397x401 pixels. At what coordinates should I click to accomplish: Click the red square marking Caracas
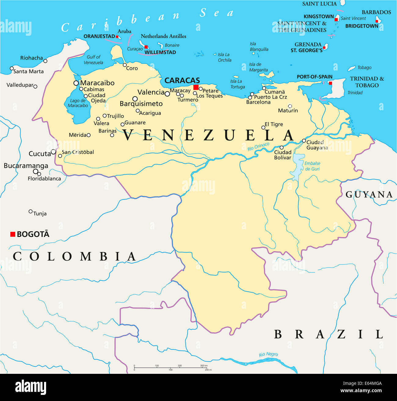coord(196,87)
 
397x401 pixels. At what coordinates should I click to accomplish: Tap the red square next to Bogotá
coord(13,234)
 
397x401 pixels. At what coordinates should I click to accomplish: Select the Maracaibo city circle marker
coord(76,83)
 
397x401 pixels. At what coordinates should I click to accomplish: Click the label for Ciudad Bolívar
coord(283,155)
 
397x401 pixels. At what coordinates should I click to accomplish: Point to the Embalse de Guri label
coord(312,166)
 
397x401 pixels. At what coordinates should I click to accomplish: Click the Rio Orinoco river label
coord(258,146)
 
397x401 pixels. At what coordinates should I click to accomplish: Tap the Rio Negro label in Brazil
coord(268,354)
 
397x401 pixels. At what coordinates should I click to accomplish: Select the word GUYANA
coord(369,195)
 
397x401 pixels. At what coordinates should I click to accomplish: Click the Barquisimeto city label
coord(141,104)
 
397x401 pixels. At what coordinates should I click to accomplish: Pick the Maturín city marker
coord(290,106)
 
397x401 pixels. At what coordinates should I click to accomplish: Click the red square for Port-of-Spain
coord(330,83)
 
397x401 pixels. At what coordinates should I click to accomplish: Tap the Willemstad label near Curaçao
coord(160,52)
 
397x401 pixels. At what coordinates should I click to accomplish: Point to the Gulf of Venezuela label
coord(93,60)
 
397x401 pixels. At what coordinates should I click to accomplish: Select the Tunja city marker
coord(31,211)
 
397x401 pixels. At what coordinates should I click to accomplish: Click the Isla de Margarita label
coord(258,67)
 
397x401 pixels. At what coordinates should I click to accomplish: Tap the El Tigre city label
coord(274,124)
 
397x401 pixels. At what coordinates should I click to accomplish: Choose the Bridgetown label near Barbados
coord(362,26)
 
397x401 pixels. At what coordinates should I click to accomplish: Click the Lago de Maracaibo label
coord(78,103)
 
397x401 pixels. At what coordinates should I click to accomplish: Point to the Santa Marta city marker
coord(12,68)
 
